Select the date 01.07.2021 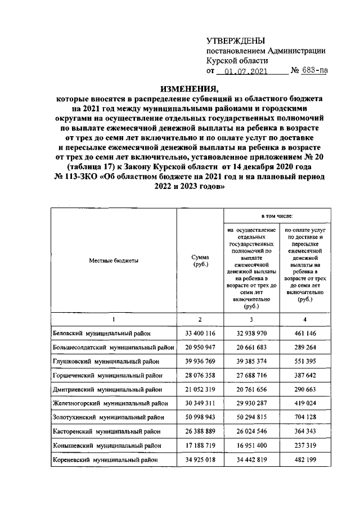[248, 71]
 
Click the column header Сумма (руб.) [200, 260]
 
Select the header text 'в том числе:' [276, 215]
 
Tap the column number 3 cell [251, 319]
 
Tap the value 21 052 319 [200, 389]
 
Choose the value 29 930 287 [251, 403]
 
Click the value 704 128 [306, 416]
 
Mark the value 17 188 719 [200, 444]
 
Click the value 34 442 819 [251, 458]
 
